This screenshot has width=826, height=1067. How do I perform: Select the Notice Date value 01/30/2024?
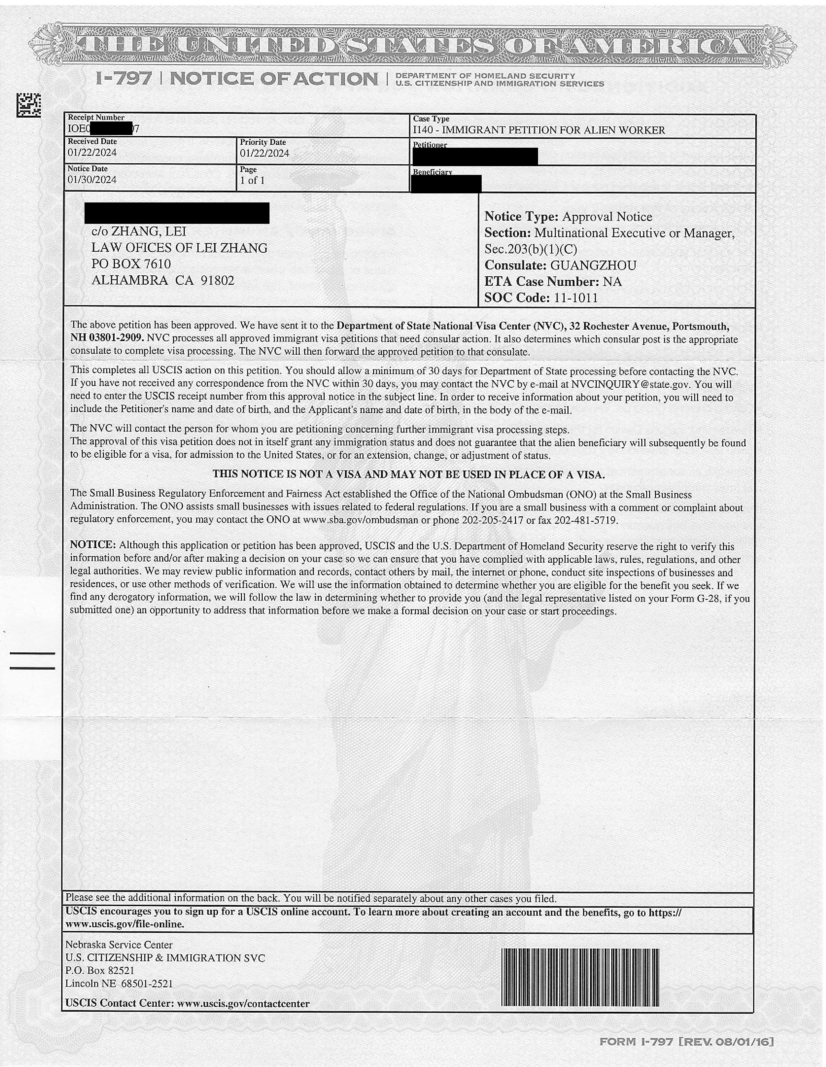[x=92, y=180]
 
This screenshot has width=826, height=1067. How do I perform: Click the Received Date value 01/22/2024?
[x=92, y=153]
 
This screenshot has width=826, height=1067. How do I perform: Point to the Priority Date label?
[x=263, y=142]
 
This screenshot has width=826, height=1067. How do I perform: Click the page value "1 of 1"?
[x=252, y=181]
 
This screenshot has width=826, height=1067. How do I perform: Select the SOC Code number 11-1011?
[x=575, y=298]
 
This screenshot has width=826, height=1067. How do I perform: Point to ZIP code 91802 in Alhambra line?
[x=218, y=281]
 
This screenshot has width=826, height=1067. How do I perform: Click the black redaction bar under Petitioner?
[x=475, y=156]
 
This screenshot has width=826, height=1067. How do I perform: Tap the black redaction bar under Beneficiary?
[x=446, y=184]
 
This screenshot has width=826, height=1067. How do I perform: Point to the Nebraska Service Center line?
[x=119, y=945]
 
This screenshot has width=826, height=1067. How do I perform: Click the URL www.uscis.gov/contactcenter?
[x=243, y=1004]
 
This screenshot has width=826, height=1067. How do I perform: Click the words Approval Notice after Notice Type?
[x=607, y=217]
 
